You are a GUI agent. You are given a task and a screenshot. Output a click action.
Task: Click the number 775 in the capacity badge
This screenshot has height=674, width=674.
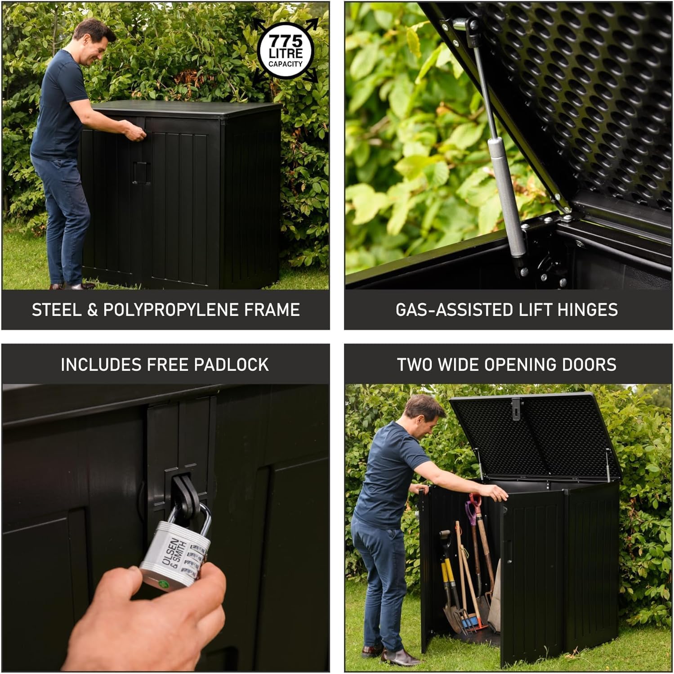click(x=286, y=41)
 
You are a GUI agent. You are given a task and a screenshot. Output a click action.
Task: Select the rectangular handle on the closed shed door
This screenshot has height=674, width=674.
click(x=141, y=173)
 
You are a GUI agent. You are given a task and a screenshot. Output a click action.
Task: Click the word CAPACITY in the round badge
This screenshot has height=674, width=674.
click(x=286, y=64)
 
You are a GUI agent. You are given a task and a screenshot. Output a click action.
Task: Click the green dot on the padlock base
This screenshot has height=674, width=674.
click(x=164, y=584)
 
